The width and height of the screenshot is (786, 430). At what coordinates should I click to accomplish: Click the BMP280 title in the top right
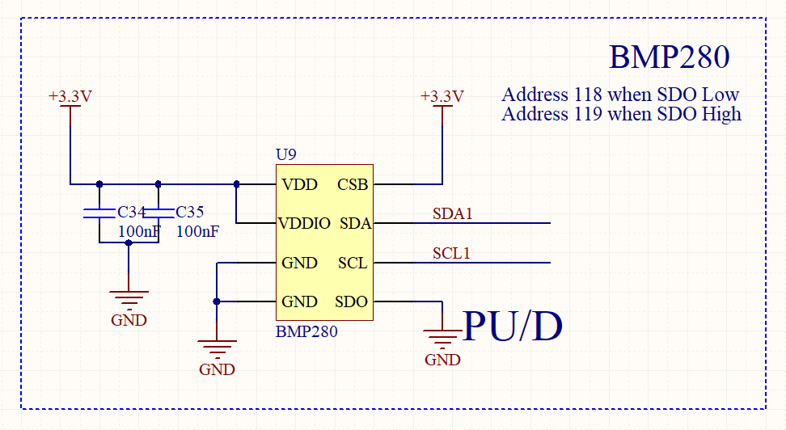pos(669,57)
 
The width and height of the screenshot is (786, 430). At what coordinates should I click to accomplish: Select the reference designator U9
pos(286,154)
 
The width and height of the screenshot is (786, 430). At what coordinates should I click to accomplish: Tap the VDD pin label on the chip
pos(299,184)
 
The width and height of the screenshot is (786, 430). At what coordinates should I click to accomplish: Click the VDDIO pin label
pos(304,223)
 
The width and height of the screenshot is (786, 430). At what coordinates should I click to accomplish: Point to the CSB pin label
pos(353,184)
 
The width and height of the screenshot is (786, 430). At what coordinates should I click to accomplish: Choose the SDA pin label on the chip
pos(355,223)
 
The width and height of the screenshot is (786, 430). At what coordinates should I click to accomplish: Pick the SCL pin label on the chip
pos(353,263)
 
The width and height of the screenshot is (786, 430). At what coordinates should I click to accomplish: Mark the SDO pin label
pos(352,301)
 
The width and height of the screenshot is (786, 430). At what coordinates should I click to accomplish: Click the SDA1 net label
pos(452,214)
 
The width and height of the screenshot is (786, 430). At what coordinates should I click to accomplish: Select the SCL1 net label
pos(451,254)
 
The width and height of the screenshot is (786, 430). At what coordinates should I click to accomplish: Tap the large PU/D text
pos(512,326)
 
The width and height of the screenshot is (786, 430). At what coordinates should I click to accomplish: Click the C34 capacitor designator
pos(131,212)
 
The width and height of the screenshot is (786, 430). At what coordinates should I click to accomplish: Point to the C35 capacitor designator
pos(190,212)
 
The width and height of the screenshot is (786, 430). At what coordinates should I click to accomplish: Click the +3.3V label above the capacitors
pos(70,96)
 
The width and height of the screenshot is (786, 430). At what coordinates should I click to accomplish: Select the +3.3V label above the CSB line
pos(442,96)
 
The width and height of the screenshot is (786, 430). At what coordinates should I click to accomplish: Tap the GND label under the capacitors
pos(129,320)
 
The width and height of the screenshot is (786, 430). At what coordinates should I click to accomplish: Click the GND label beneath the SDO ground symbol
pos(442,360)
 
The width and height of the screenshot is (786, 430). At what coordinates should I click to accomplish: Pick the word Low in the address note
pos(720,94)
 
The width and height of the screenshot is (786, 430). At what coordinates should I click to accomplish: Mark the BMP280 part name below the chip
pos(306,331)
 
